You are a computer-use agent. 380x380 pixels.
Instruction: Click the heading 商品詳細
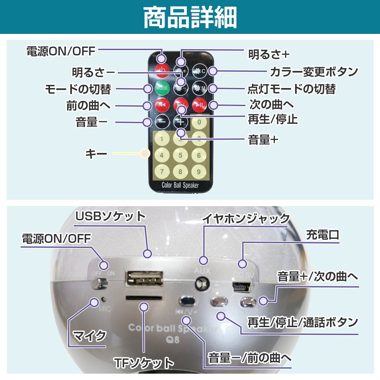[x=190, y=17]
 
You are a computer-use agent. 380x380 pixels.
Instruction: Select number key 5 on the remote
[x=180, y=155]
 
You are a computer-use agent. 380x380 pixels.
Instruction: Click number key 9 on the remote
[x=199, y=172]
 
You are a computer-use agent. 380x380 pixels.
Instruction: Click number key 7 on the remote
[x=162, y=172]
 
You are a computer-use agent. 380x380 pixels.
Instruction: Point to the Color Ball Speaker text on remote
[x=180, y=185]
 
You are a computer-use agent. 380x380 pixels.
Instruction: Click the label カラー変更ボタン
[x=313, y=72]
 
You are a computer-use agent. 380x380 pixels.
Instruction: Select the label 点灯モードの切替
[x=291, y=89]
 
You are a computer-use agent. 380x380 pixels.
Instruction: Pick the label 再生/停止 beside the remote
[x=272, y=120]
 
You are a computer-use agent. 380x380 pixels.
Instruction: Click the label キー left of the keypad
[x=96, y=154]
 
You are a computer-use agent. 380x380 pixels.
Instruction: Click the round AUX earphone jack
[x=202, y=283]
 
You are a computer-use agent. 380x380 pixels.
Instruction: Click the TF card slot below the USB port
[x=144, y=298]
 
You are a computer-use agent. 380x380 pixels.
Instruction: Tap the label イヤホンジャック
[x=246, y=219]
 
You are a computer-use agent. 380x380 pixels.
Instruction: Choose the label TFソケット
[x=144, y=363]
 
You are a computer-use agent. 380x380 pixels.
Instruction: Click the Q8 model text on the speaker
[x=173, y=340]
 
